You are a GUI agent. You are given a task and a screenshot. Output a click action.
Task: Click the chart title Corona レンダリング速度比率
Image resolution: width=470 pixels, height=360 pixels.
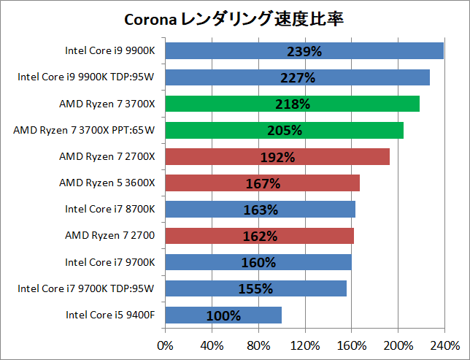click(x=235, y=18)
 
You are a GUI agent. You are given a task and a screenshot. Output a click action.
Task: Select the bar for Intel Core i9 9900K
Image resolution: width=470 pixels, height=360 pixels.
click(x=304, y=50)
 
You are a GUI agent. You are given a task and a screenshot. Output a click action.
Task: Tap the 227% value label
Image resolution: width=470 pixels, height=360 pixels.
click(x=297, y=77)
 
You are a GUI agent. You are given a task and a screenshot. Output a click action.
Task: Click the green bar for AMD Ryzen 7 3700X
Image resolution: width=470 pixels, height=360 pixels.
click(x=292, y=104)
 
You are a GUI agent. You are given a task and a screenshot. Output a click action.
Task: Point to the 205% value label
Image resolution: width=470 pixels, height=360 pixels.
click(x=285, y=130)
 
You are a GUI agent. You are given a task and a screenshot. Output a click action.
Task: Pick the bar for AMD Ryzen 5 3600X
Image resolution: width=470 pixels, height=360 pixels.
click(x=262, y=183)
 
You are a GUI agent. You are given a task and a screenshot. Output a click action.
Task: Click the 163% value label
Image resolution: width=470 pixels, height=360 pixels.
click(x=261, y=210)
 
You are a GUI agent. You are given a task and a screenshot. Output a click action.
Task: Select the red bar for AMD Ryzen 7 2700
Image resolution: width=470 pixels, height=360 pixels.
click(x=259, y=236)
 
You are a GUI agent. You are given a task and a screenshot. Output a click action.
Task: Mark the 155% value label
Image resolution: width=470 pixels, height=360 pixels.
click(x=255, y=288)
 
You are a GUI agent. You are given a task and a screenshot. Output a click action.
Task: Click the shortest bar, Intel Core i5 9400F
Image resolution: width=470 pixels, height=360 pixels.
click(x=223, y=315)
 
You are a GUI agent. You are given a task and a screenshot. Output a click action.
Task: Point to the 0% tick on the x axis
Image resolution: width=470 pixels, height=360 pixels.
click(x=166, y=345)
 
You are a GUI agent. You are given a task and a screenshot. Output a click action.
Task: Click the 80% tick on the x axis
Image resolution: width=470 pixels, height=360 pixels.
click(x=258, y=345)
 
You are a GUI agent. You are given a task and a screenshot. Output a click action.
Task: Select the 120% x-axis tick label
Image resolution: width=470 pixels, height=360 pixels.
click(x=305, y=345)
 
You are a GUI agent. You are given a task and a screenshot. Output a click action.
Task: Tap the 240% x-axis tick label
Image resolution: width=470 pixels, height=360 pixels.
click(x=444, y=345)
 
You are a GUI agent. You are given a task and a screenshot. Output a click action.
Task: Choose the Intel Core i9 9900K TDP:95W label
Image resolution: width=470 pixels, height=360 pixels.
click(x=89, y=77)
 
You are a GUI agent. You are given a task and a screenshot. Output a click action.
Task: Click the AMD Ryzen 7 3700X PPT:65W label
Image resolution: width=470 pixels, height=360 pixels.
click(x=87, y=130)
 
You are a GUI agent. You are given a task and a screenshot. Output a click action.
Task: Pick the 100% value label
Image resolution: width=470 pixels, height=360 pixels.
click(x=223, y=315)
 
